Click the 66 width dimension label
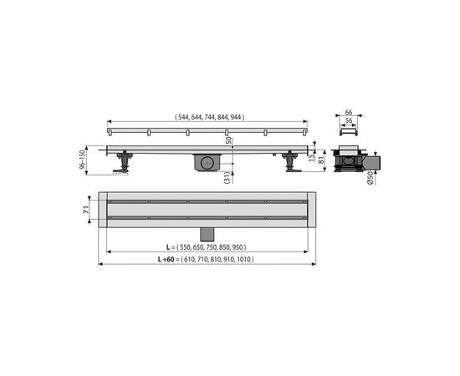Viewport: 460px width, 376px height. pos(349,112)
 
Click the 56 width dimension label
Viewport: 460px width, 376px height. pos(349,120)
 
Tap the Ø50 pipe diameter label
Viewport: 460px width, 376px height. pos(371,178)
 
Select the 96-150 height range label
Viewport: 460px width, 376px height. pos(82,159)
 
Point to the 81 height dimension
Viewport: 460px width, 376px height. pos(321,160)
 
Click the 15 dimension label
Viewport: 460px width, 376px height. pos(312,157)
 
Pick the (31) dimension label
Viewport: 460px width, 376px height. pos(227,178)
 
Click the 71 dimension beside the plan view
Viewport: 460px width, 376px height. pos(86,210)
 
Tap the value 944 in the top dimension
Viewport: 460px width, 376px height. pos(236,117)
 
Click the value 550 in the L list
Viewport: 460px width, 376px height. pos(185,247)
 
